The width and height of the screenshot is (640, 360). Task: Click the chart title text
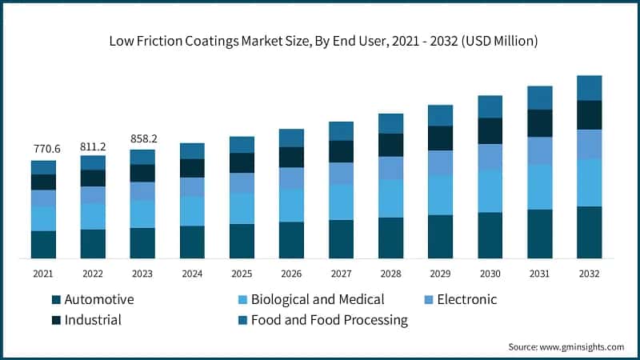(x=320, y=39)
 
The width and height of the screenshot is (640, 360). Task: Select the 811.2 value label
(x=93, y=146)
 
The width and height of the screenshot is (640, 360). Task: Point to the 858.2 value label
(x=143, y=138)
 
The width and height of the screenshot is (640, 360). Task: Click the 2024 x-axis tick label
(x=192, y=274)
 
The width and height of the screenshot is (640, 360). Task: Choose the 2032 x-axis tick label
(x=590, y=274)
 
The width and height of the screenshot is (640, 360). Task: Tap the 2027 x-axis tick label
(x=341, y=274)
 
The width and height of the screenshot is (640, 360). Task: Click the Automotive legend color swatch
(x=56, y=300)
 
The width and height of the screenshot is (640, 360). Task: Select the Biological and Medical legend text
(x=318, y=300)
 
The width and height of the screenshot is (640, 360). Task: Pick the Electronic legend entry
(x=460, y=300)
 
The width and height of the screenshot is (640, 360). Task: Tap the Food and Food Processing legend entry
(x=329, y=320)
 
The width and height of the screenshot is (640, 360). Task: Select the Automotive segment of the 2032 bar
(x=590, y=232)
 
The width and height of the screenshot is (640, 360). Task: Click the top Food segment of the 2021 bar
(x=43, y=167)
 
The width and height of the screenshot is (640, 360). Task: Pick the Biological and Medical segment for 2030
(x=490, y=190)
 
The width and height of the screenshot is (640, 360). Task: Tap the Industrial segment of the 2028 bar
(x=390, y=145)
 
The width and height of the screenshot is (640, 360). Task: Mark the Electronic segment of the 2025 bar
(x=242, y=183)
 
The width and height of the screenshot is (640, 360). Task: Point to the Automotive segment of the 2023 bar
(x=142, y=243)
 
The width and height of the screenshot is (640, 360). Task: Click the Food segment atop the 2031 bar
(x=540, y=98)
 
